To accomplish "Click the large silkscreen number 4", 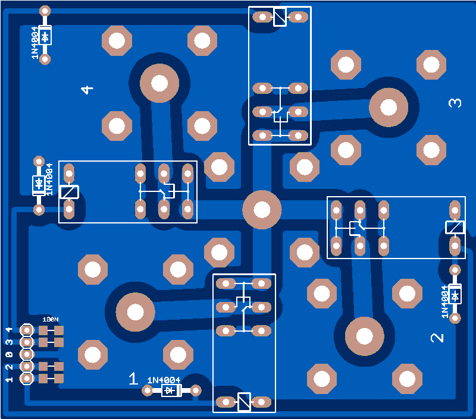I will (x=87, y=90).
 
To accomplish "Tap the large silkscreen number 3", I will (x=455, y=103).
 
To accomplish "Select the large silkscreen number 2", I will (x=437, y=338).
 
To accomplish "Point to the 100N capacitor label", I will (x=51, y=319).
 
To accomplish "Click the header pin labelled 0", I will (x=27, y=354).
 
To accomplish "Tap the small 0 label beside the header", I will (x=9, y=354).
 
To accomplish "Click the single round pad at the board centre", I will (x=262, y=209).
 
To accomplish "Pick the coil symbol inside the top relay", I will (x=280, y=17).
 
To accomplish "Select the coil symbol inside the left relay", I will (x=69, y=191).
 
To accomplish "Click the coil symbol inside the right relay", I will (x=455, y=227).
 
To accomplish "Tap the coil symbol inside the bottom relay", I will (x=244, y=402).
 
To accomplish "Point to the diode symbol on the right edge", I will (x=455, y=295).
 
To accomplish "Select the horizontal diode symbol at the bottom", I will (x=172, y=390).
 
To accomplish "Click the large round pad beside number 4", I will (x=159, y=83).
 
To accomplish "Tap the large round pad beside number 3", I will (x=389, y=107).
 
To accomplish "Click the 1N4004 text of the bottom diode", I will (x=164, y=380).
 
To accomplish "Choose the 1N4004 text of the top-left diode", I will (x=35, y=43).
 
